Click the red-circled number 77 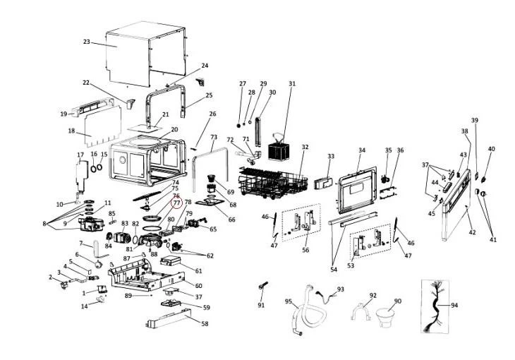click(176, 203)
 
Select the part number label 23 click(86, 42)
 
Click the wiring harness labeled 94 click(432, 306)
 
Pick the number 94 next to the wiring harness click(455, 306)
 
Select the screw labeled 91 click(262, 289)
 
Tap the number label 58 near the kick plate click(205, 324)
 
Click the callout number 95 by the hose click(289, 302)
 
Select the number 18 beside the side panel click(71, 131)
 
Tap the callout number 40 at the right click(492, 149)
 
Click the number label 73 click(214, 138)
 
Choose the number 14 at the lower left click(84, 306)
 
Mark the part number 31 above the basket click(292, 84)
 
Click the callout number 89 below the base click(128, 295)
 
